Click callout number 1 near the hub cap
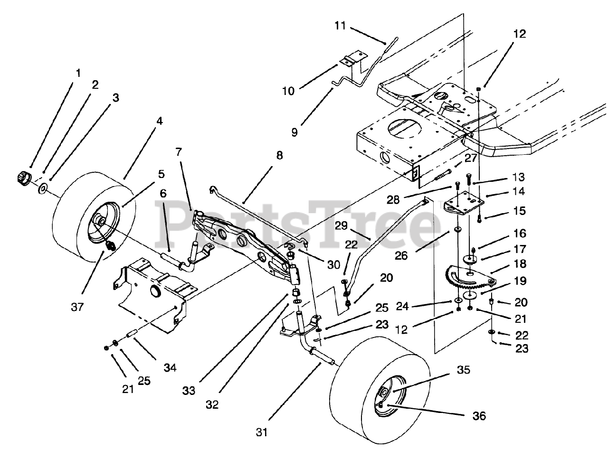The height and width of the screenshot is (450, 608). (x=77, y=74)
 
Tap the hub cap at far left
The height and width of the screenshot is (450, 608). (x=22, y=177)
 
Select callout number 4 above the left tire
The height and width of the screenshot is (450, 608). (x=159, y=121)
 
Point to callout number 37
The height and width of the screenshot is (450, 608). (x=77, y=307)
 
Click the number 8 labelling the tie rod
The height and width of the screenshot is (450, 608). (x=279, y=155)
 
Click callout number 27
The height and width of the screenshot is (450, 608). (x=470, y=159)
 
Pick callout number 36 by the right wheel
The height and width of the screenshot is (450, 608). (x=479, y=416)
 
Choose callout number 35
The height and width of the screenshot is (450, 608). (x=463, y=369)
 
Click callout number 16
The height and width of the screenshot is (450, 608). (x=519, y=233)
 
